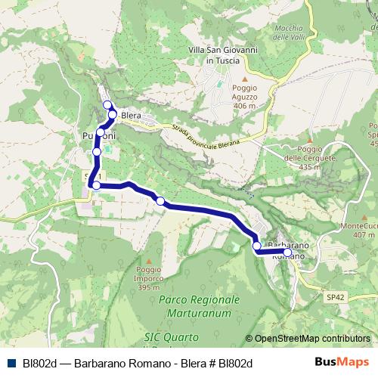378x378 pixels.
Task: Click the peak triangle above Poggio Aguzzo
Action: pos(244,78)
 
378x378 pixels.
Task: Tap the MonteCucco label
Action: pos(358,229)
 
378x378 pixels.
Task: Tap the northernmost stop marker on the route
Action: pos(107,105)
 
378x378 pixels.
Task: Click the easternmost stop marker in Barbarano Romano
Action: pos(287,253)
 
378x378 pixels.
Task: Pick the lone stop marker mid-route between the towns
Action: pos(160,200)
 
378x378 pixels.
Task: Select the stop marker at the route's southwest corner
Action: pos(96,184)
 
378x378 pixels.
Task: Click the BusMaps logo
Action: pos(342,362)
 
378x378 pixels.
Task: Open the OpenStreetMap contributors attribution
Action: pos(311,339)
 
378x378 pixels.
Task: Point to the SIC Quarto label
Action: pos(171,335)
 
